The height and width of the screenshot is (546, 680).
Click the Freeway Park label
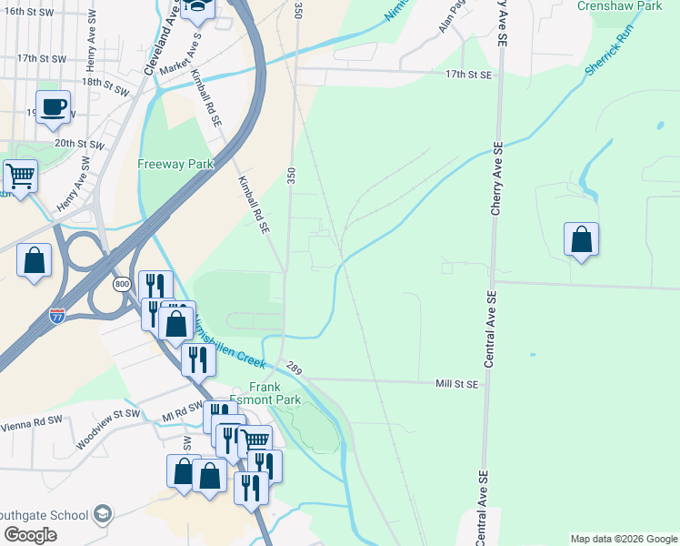175,165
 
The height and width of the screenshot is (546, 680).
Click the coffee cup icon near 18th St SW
53,106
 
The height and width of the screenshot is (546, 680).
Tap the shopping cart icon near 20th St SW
20,175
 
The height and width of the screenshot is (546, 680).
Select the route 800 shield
123,285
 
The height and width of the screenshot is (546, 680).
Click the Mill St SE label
455,385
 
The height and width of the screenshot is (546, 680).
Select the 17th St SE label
468,76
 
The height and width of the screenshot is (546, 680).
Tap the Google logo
30,535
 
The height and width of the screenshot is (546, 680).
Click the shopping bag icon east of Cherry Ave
581,239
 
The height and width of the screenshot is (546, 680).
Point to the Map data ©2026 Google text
624,539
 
